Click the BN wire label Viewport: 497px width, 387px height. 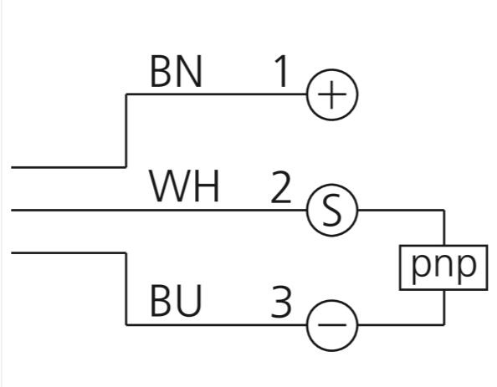point(176,72)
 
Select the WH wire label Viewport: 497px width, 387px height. point(184,186)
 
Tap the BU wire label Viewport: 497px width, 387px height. point(176,301)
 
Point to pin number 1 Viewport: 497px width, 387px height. point(281,71)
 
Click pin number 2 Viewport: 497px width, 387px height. point(281,187)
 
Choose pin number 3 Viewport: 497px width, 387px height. point(281,301)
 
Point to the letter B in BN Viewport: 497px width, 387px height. point(161,72)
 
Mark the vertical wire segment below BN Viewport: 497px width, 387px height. point(126,130)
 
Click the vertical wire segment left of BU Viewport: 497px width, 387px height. point(126,289)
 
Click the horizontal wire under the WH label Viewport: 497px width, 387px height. point(159,210)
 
